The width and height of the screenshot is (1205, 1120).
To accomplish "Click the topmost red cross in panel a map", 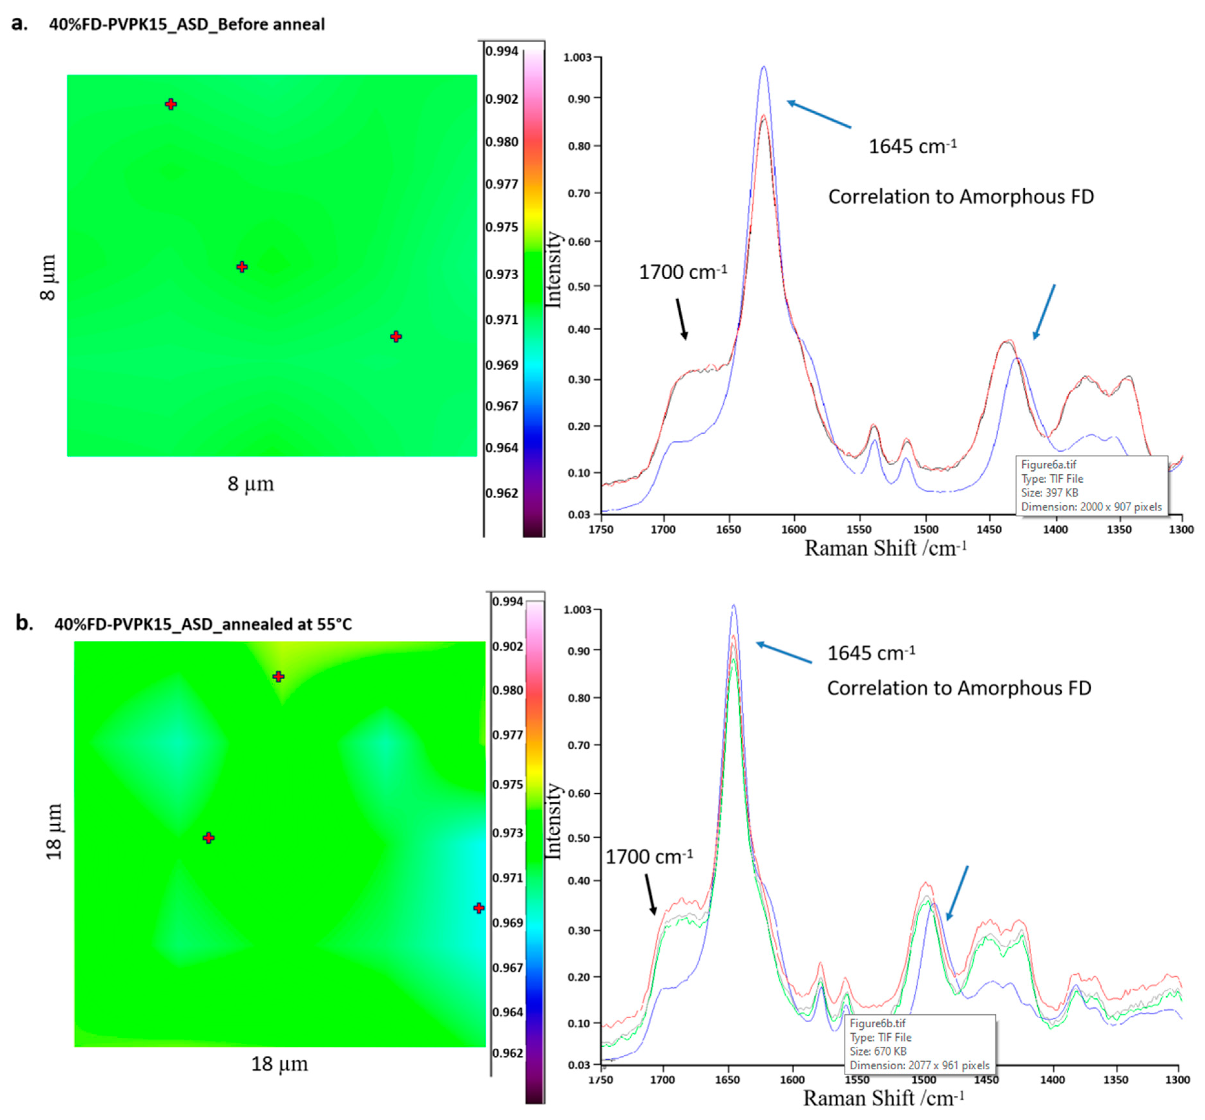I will pos(171,104).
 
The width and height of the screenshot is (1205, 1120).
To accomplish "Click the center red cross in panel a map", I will pos(242,267).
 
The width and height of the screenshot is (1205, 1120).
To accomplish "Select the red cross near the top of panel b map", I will pos(278,676).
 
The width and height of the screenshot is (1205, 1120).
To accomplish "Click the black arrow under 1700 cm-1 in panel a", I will pos(682,318).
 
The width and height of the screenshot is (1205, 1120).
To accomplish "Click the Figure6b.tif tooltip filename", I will pos(877,1024).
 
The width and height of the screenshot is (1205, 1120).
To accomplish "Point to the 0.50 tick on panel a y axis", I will pos(579,286).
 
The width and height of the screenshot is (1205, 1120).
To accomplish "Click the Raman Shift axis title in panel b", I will pos(883,1098).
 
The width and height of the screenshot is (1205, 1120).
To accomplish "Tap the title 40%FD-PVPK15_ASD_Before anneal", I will pos(187,24).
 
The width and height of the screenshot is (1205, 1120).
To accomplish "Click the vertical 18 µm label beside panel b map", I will pos(55,831).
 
